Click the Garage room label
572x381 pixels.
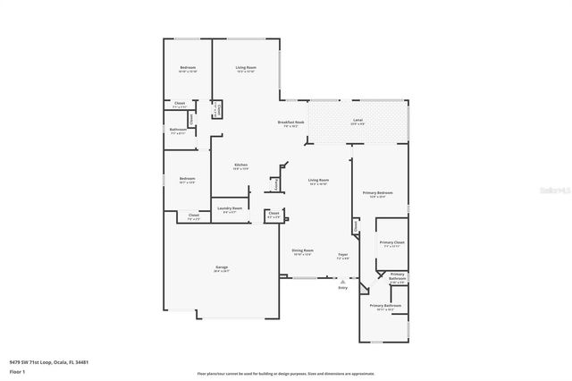[222, 268]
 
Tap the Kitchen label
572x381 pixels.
[240, 165]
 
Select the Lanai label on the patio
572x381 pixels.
[357, 120]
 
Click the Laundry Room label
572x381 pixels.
[230, 209]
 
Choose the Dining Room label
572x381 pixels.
[303, 251]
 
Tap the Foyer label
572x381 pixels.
[342, 255]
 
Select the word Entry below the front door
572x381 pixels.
[342, 288]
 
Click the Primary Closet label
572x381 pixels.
[392, 243]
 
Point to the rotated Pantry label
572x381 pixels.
[276, 183]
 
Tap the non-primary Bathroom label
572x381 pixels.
[178, 130]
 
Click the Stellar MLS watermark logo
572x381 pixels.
[558, 190]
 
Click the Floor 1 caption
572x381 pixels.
[18, 371]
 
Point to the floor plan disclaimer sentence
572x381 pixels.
[286, 373]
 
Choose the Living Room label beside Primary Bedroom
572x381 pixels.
[318, 181]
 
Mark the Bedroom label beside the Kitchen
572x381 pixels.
[187, 179]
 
